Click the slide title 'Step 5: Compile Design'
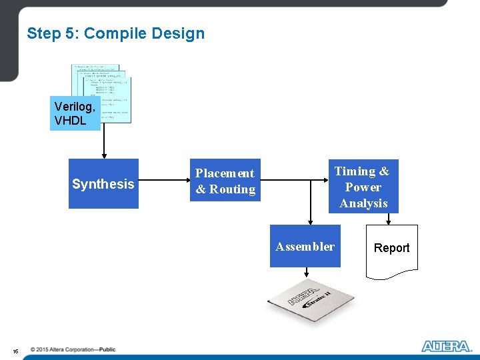click(x=115, y=33)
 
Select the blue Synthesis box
click(x=103, y=184)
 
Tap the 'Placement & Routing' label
click(x=225, y=181)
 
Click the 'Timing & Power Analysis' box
click(x=363, y=187)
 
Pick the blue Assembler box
click(x=305, y=247)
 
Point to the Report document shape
click(x=392, y=249)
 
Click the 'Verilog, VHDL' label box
click(x=75, y=113)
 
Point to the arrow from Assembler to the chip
click(x=306, y=272)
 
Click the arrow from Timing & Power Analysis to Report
click(x=392, y=219)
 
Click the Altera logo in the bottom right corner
click(x=446, y=346)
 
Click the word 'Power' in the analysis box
click(x=363, y=187)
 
